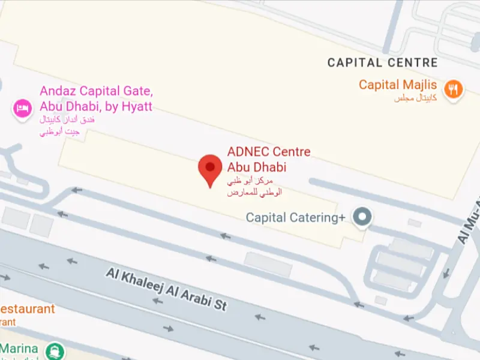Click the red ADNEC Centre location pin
click(x=210, y=168)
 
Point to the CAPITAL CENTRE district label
click(x=383, y=62)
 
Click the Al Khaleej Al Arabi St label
click(x=167, y=289)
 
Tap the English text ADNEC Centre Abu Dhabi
click(x=269, y=159)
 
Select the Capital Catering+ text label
click(x=295, y=218)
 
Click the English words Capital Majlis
click(x=398, y=85)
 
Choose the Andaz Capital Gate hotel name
click(x=96, y=99)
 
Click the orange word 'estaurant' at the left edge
click(x=27, y=310)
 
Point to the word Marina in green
click(x=19, y=349)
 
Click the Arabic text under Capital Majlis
click(x=415, y=98)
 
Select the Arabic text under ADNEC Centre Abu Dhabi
click(x=254, y=187)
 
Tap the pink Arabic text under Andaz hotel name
click(x=67, y=125)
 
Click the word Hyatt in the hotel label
click(x=136, y=107)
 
